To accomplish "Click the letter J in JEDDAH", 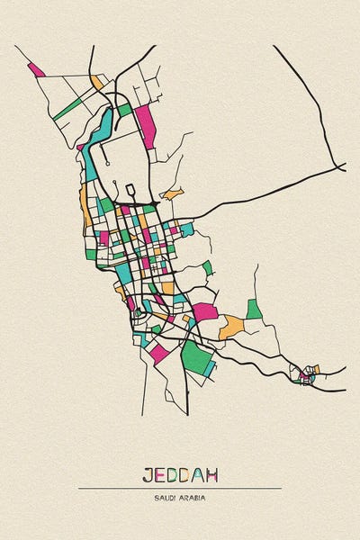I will coord(148,474).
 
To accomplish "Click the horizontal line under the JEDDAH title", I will coord(180,488).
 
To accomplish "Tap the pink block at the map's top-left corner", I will coord(36,69).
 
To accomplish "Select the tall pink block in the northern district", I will coord(146,127).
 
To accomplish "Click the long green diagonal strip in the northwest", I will coord(67,110).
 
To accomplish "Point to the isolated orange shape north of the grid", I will coord(172,193).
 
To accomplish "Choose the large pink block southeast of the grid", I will coord(205,312).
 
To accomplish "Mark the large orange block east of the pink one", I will coord(231,326).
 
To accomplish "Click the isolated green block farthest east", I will coord(255,309).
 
